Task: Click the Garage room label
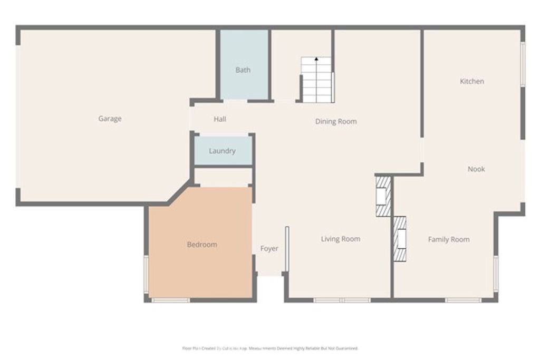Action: click(x=110, y=119)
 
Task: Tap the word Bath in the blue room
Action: click(x=243, y=70)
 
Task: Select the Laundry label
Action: click(x=222, y=151)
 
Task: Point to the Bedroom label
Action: click(x=202, y=245)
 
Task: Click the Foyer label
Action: click(x=269, y=249)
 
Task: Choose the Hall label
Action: click(x=220, y=119)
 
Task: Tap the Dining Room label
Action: click(x=336, y=121)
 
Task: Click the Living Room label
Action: click(x=341, y=239)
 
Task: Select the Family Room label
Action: click(x=448, y=239)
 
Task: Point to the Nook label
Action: click(x=476, y=169)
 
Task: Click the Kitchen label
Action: click(x=472, y=81)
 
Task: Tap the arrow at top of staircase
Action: click(x=316, y=60)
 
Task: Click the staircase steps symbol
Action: click(x=317, y=82)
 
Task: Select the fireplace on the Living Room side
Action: click(x=383, y=196)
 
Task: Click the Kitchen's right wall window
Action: click(x=523, y=64)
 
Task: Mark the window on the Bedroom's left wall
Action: click(x=147, y=274)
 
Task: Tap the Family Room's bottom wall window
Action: click(x=462, y=300)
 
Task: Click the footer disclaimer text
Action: click(x=270, y=348)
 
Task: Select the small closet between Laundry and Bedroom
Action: click(x=222, y=177)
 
